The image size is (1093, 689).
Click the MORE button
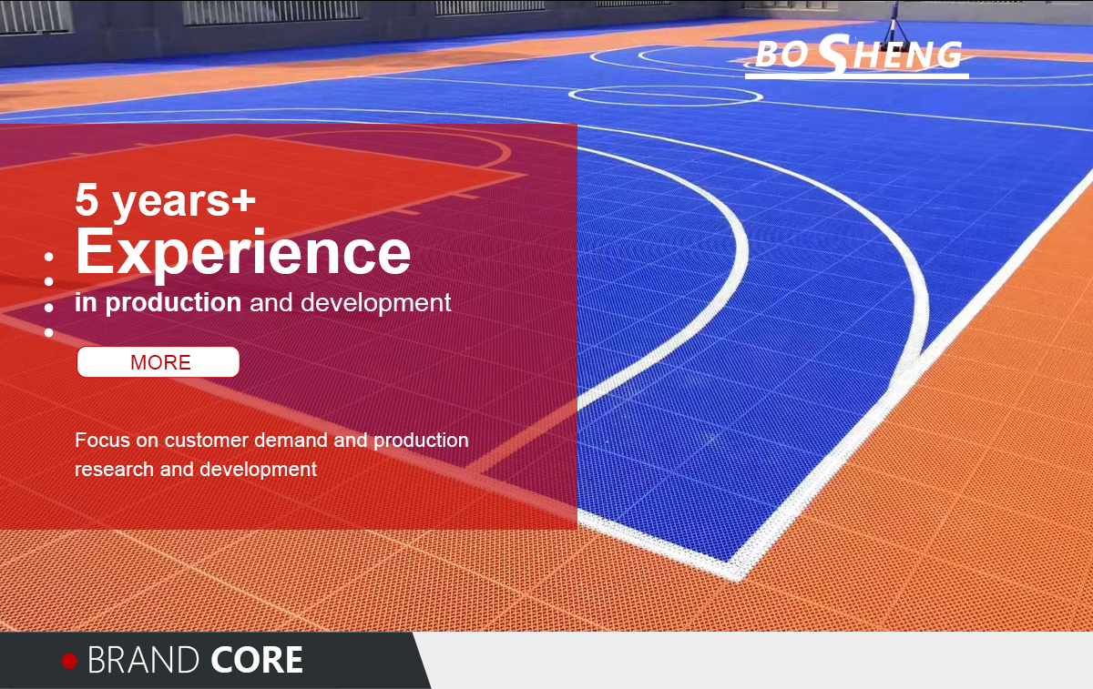tap(158, 362)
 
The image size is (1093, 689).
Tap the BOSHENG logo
tap(857, 56)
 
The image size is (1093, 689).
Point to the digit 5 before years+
tap(87, 199)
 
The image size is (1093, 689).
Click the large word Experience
tap(243, 254)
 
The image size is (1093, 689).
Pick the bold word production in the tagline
tap(173, 303)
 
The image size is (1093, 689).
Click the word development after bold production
tap(375, 303)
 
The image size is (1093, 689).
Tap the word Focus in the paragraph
tap(102, 440)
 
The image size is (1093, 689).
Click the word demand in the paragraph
tap(291, 440)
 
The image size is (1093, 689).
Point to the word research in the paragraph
tap(114, 469)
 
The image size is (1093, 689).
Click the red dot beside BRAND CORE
tap(70, 661)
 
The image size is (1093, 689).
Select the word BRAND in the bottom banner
tap(143, 660)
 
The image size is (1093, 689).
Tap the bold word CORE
tap(257, 660)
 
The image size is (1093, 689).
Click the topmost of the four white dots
tap(49, 257)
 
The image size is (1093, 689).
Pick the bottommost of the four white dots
tap(49, 332)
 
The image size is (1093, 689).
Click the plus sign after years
tap(244, 200)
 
